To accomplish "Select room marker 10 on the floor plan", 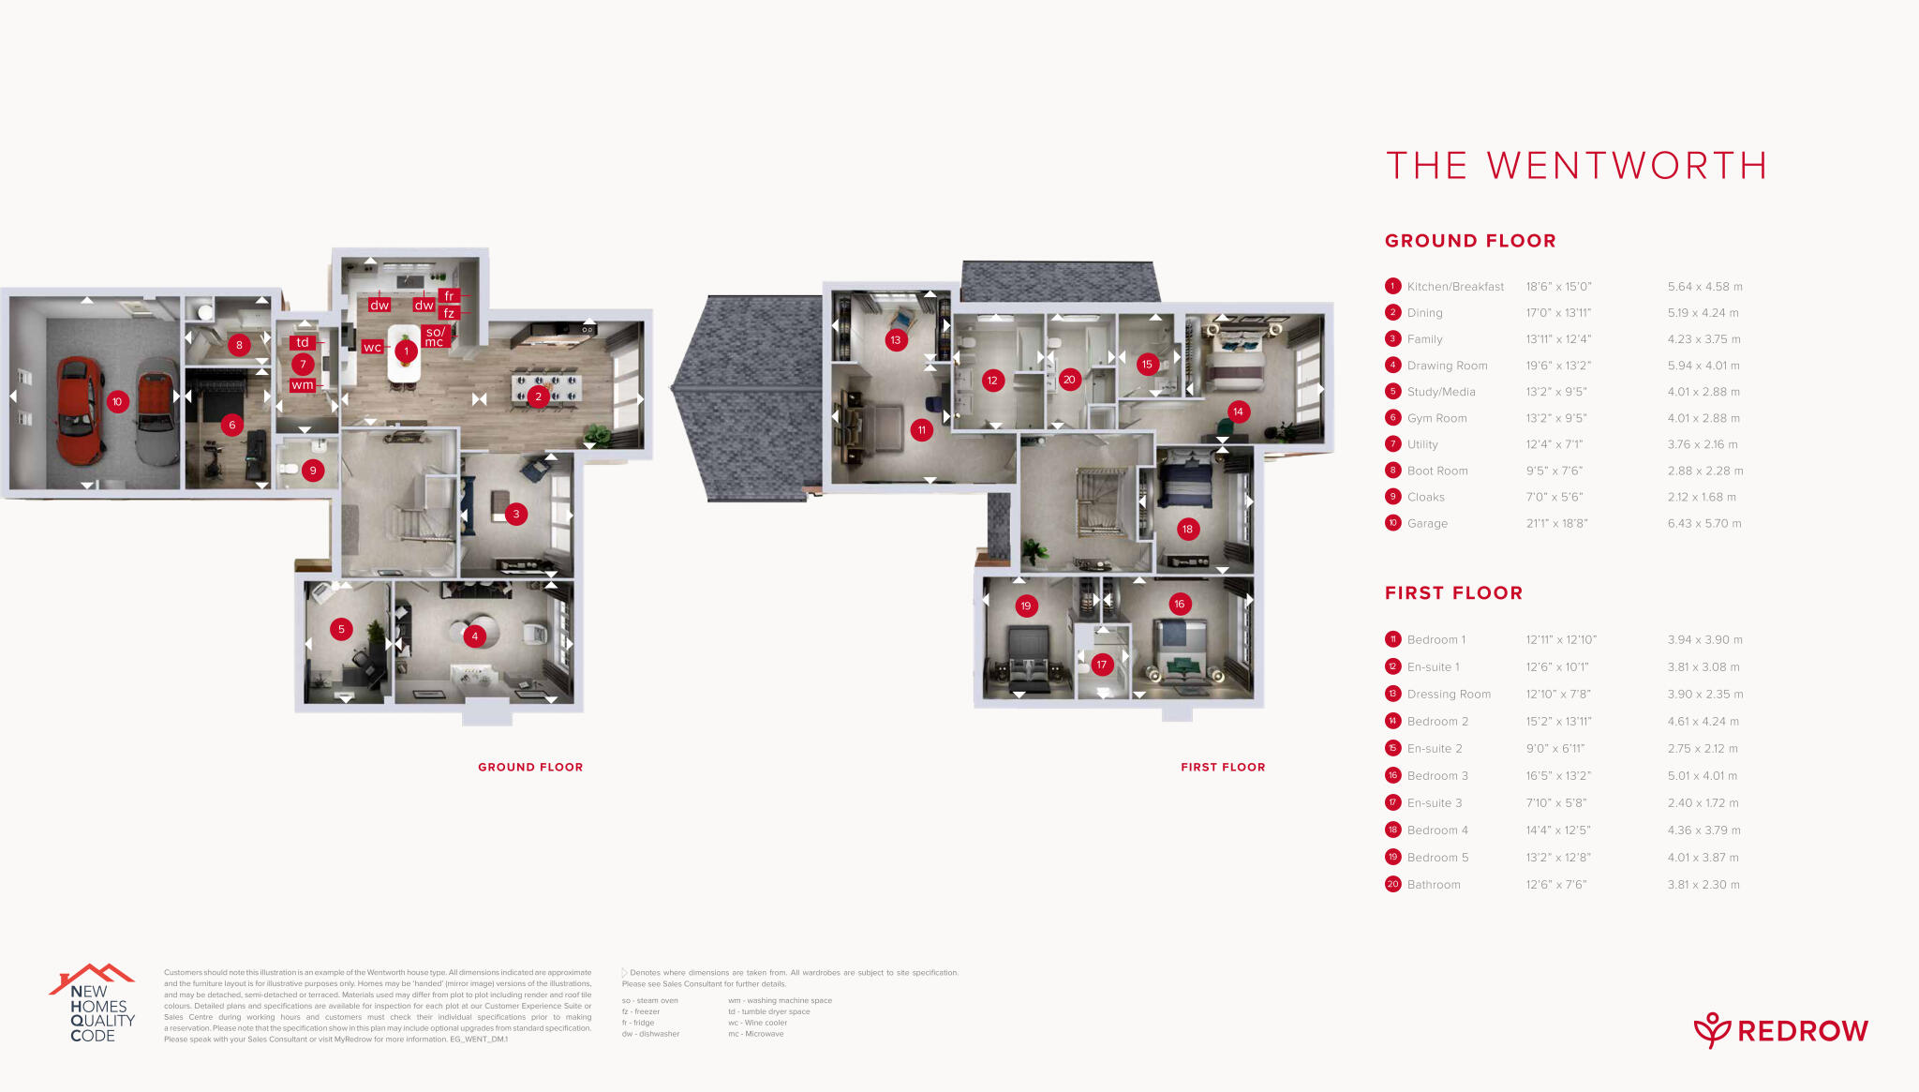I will (x=117, y=401).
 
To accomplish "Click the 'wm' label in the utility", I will (x=302, y=385).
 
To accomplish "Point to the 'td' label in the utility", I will (x=303, y=342).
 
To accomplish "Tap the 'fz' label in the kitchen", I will (x=449, y=313).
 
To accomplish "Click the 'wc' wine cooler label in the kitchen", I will (x=372, y=348).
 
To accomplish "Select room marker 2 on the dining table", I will (x=538, y=396).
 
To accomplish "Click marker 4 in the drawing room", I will (x=475, y=636).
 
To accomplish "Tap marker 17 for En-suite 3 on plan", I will (x=1102, y=665).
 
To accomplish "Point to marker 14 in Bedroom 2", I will (x=1238, y=411).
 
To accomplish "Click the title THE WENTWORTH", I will (x=1576, y=166).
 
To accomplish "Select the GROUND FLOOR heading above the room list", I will (x=1470, y=241).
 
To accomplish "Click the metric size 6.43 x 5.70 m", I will (x=1703, y=523).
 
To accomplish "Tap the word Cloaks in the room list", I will (x=1425, y=497).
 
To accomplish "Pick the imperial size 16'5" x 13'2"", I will (x=1557, y=775).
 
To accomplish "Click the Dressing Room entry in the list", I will (x=1449, y=694).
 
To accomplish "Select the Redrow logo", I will (x=1780, y=1030).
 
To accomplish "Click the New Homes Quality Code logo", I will (x=93, y=1004).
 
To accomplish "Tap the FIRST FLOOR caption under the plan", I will (x=1223, y=767).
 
